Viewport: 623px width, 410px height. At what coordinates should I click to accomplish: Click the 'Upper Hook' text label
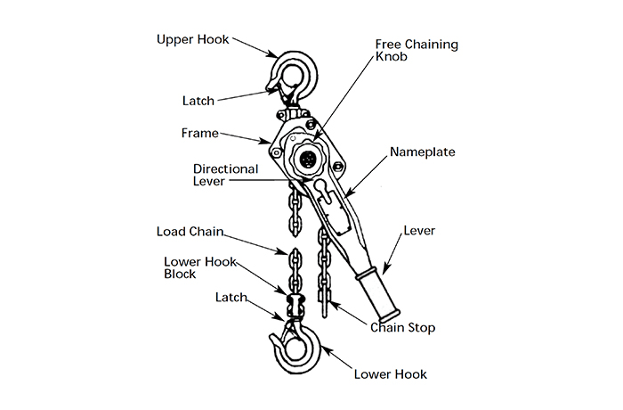(x=192, y=40)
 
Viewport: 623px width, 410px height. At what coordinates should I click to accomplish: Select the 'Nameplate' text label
(x=422, y=152)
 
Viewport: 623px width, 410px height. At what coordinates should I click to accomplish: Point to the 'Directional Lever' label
(x=226, y=175)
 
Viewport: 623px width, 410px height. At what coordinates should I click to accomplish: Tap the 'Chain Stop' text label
(x=402, y=328)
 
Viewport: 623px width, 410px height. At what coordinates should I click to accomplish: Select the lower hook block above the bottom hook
(x=293, y=303)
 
